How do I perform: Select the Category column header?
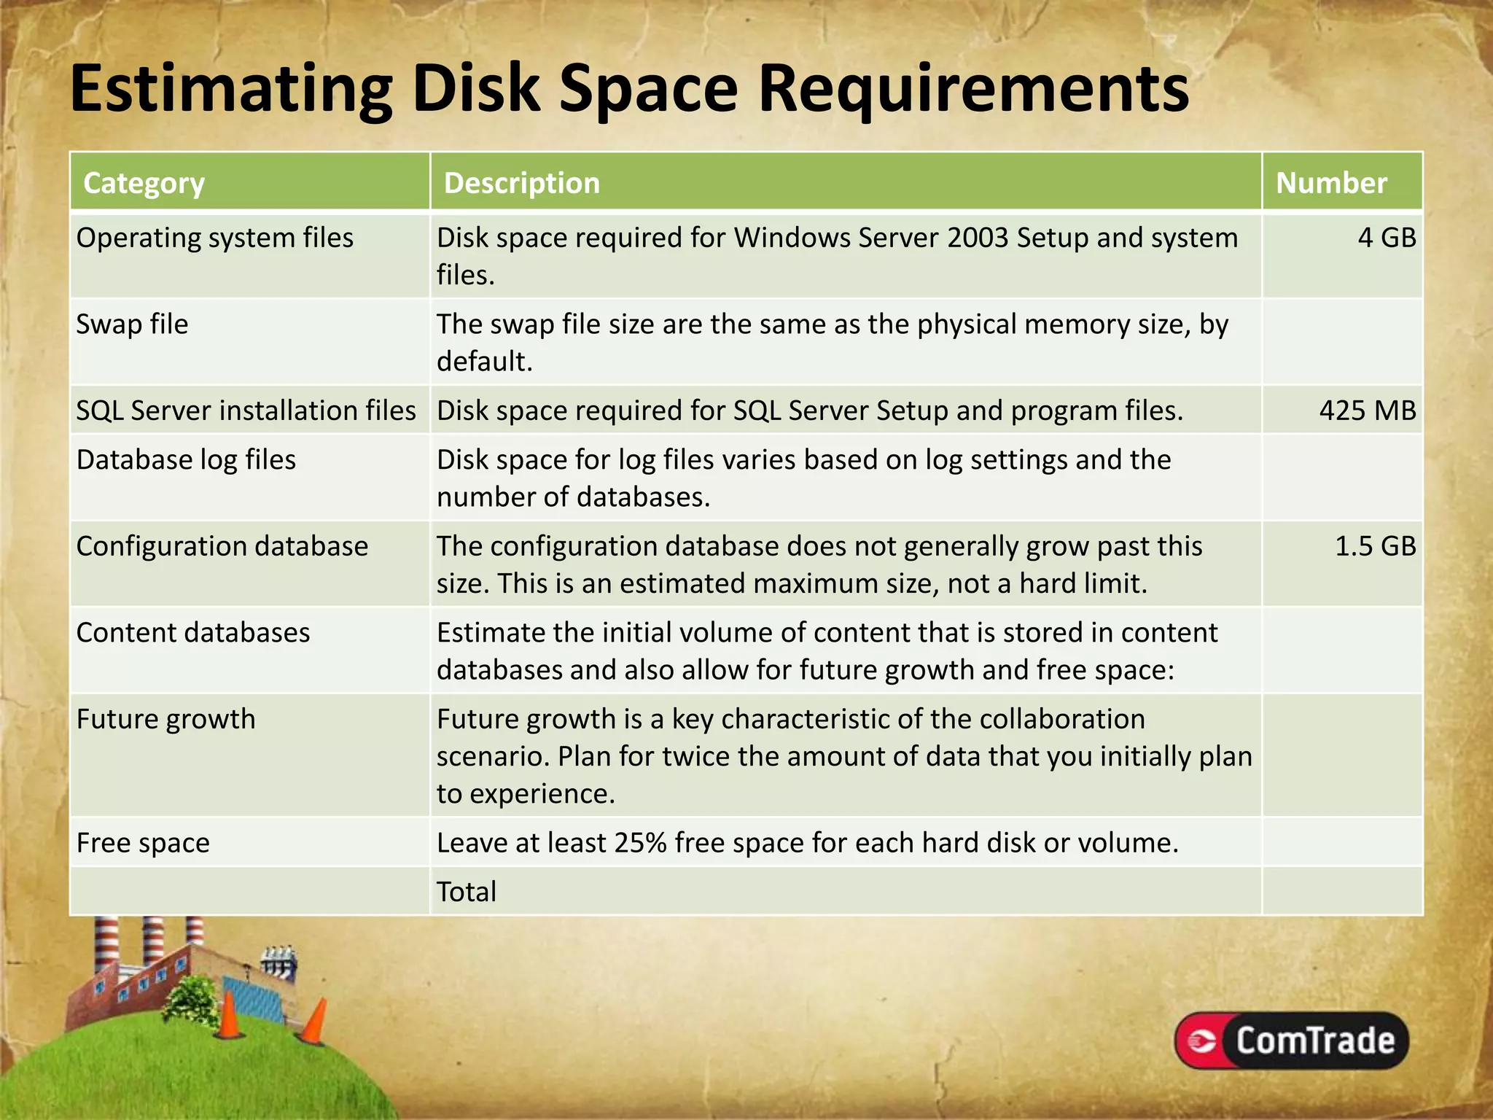144,183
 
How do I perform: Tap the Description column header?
521,183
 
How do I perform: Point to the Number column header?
1331,183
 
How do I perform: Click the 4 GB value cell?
1386,238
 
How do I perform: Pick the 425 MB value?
1367,411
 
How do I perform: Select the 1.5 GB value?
1375,546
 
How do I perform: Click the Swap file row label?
132,324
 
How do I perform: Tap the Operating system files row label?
214,238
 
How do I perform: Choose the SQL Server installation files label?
246,411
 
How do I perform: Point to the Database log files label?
186,460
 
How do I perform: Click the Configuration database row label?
222,546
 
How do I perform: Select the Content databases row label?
193,633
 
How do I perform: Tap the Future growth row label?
165,719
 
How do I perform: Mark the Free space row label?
143,843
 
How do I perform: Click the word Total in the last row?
467,892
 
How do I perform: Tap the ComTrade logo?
1291,1040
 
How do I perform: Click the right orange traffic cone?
316,1021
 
